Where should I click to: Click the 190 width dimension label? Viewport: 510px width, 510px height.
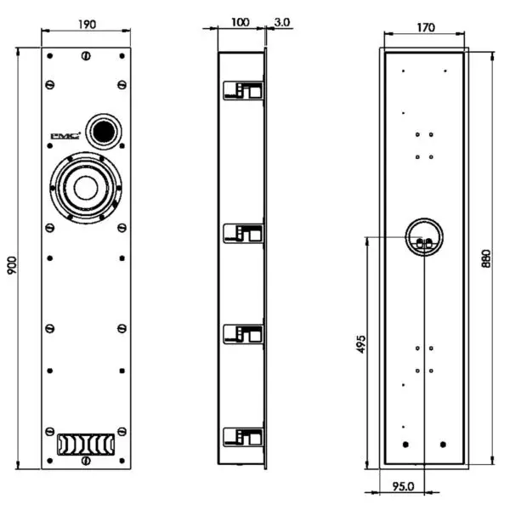(x=87, y=24)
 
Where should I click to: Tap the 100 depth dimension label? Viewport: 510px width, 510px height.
(x=241, y=22)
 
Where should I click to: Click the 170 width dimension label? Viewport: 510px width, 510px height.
(x=425, y=27)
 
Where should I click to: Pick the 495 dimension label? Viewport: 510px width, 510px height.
(x=360, y=343)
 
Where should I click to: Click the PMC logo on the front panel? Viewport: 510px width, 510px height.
(x=65, y=134)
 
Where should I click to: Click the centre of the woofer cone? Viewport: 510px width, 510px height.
(x=85, y=188)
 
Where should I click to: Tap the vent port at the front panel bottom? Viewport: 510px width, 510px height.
(x=85, y=444)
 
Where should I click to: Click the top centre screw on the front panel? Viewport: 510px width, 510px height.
(x=86, y=58)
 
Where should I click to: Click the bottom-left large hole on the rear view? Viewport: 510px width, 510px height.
(x=405, y=444)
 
